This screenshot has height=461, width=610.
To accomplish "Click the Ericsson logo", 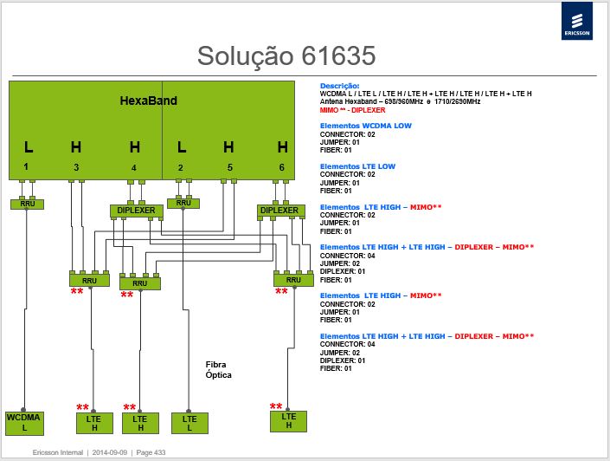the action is [x=577, y=21].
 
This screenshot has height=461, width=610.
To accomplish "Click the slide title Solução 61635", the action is [x=286, y=55].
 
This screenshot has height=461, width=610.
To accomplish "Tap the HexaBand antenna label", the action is [x=148, y=101].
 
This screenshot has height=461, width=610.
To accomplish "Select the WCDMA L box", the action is [x=24, y=423].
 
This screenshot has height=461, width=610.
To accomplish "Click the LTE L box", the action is [x=189, y=423].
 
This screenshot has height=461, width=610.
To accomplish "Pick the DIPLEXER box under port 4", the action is [x=136, y=211].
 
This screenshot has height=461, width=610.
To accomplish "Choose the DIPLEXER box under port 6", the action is [x=280, y=211].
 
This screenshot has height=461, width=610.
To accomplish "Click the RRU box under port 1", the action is [x=27, y=204].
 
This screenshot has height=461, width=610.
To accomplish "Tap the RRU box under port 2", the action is [x=183, y=203].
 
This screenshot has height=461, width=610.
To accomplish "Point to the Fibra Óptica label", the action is [x=218, y=369].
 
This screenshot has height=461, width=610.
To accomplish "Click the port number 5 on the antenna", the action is [x=230, y=167].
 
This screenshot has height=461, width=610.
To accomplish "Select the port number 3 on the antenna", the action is [x=76, y=167].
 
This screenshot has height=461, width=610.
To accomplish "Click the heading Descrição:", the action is [x=340, y=86].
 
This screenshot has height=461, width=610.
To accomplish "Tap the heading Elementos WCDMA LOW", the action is [x=366, y=126].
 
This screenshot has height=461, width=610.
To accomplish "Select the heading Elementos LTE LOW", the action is [x=357, y=166].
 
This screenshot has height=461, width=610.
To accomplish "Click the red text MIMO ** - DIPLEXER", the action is [x=352, y=110].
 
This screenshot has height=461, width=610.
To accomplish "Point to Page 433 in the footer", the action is [x=151, y=452].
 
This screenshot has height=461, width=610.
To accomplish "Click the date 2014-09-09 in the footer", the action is [x=110, y=452].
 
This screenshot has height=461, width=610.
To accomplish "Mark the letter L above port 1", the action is [x=29, y=147].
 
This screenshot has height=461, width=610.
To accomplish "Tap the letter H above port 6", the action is [x=282, y=147].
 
